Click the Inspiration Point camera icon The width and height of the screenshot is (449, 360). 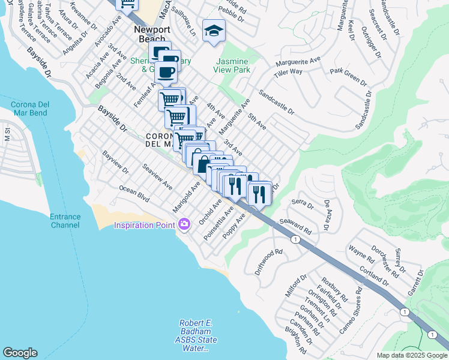[184, 224]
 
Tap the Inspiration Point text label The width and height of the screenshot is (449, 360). [146, 225]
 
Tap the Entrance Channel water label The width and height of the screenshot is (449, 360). [65, 221]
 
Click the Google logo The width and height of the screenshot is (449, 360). [20, 353]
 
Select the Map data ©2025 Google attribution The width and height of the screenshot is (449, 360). [411, 355]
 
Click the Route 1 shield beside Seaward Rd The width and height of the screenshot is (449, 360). [295, 239]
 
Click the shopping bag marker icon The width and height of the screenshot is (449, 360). [202, 162]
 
